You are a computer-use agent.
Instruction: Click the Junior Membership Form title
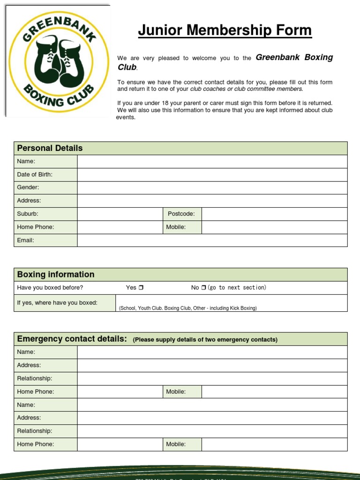225,30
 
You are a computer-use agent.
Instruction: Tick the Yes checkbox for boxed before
141,288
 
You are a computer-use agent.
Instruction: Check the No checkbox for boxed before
203,288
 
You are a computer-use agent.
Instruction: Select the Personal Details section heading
50,148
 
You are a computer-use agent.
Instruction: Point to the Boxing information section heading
56,275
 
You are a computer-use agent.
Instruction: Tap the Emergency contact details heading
72,339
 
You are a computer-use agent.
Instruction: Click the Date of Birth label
35,174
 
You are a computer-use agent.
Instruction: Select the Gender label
28,187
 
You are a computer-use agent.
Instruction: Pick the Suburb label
28,214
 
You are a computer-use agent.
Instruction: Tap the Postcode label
181,214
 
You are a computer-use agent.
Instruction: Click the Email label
25,240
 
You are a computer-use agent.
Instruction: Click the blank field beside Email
212,240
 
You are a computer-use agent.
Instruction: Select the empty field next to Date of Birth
212,174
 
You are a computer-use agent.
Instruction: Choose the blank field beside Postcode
274,214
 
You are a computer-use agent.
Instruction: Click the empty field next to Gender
212,187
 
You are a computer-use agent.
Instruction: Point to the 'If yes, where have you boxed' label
57,303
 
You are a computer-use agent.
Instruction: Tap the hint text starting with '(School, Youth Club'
187,308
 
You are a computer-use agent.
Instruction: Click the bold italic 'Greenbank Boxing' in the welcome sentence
294,57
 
